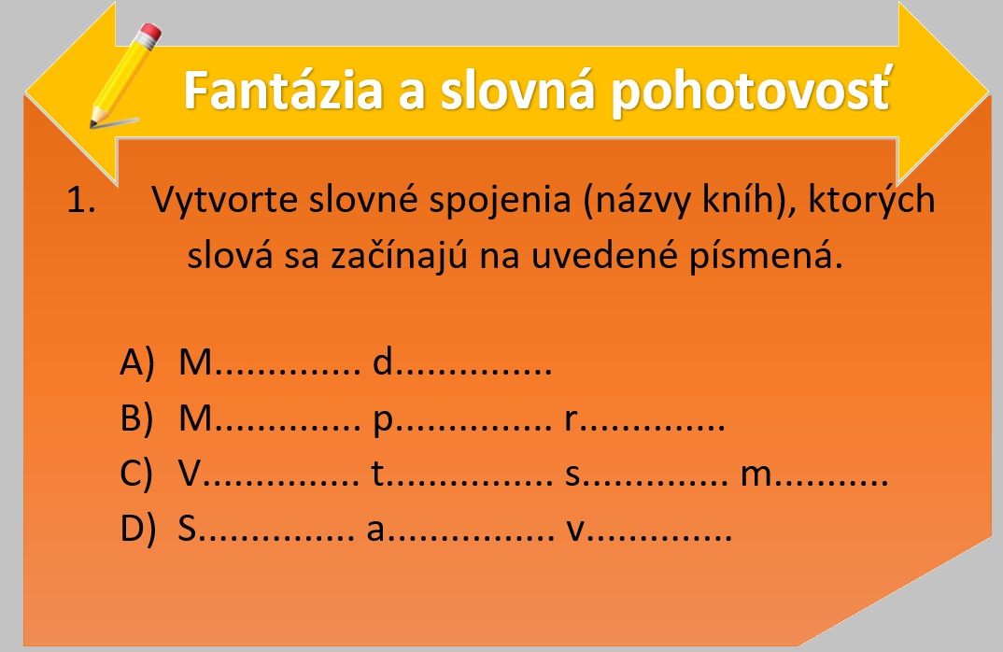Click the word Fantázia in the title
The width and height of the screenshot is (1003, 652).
pyautogui.click(x=283, y=91)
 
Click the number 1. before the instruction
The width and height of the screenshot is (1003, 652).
pyautogui.click(x=80, y=200)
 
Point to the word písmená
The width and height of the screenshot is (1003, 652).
pyautogui.click(x=765, y=257)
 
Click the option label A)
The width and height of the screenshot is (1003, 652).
pyautogui.click(x=137, y=362)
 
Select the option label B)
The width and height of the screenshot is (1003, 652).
pyautogui.click(x=137, y=418)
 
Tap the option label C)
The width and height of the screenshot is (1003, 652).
pyautogui.click(x=136, y=475)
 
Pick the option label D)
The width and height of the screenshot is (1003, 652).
pyautogui.click(x=137, y=530)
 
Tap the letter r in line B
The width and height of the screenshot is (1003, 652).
pyautogui.click(x=571, y=420)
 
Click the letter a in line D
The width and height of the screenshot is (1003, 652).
pyautogui.click(x=375, y=532)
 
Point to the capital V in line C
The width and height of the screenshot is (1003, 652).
pyautogui.click(x=190, y=475)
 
